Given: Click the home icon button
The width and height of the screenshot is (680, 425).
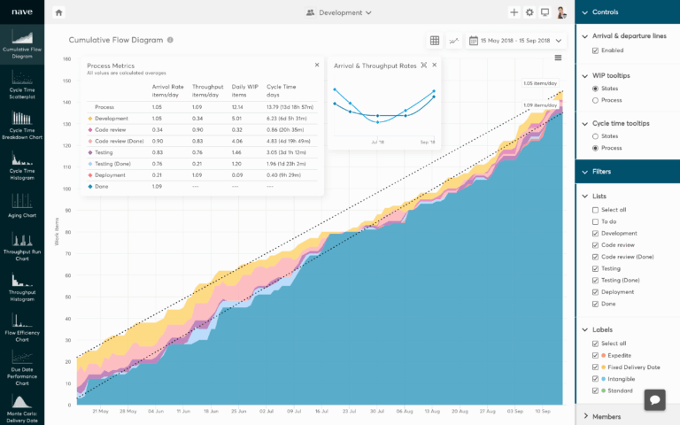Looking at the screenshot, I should [58, 12].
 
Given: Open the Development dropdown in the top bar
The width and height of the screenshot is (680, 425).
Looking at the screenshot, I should [339, 12].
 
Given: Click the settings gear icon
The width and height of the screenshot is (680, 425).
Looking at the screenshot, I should [529, 12].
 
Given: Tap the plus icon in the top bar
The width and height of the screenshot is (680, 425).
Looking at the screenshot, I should [514, 12].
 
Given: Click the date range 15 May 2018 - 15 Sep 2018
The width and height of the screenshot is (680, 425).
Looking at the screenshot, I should [514, 41].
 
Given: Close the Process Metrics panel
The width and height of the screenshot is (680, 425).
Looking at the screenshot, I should [317, 65].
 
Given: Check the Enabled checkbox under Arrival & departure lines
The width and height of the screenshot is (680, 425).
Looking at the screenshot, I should [595, 50].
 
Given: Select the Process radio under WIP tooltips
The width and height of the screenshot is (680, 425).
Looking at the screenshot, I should [595, 101].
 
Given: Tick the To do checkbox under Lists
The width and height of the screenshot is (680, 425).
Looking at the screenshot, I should [595, 221].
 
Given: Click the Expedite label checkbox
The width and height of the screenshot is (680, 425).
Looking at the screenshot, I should [595, 355].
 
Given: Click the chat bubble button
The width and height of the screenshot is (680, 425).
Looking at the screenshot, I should [655, 399].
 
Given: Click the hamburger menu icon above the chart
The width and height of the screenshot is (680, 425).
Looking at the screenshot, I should [558, 58].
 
